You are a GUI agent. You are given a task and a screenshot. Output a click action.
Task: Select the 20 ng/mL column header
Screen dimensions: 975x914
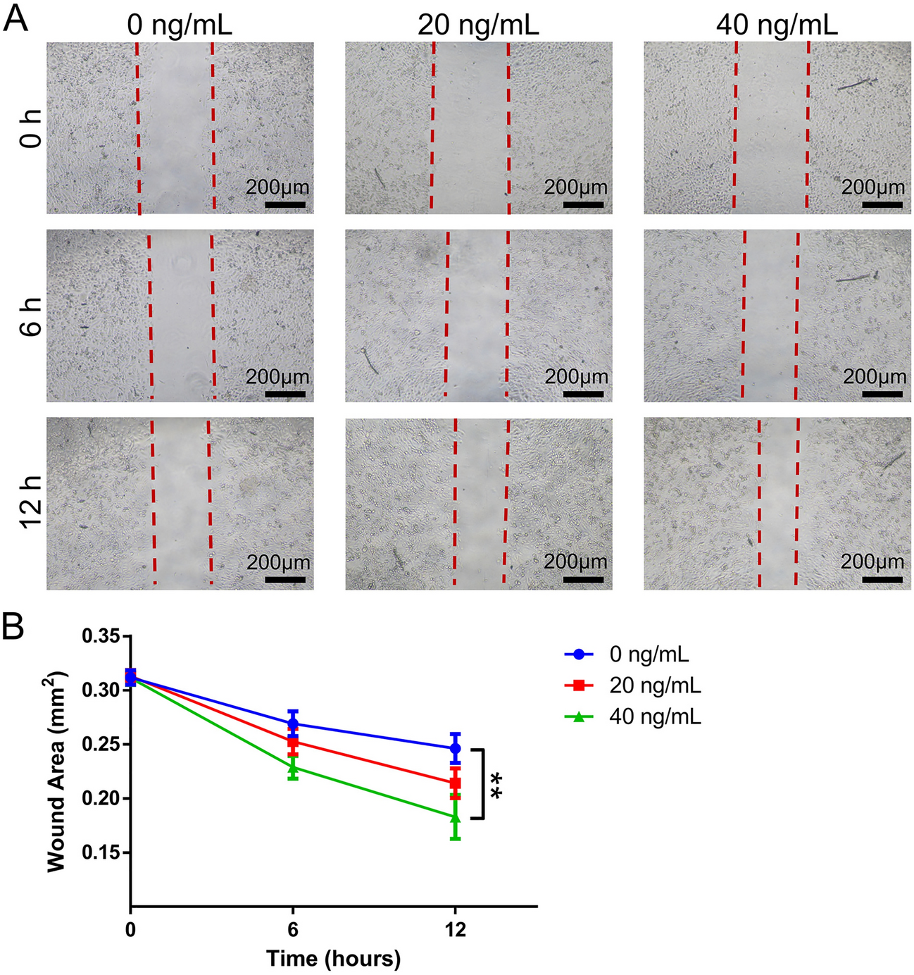coord(477,25)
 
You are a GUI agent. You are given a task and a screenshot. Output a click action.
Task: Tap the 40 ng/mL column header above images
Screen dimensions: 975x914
coord(777,25)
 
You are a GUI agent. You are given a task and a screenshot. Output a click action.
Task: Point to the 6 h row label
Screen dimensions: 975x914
coord(31,316)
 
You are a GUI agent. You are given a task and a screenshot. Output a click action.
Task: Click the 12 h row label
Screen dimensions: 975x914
coord(31,502)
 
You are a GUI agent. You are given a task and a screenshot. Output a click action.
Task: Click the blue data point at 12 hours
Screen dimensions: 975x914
coord(456,748)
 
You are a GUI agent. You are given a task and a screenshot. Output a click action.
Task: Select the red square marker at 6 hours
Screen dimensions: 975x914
coord(293,742)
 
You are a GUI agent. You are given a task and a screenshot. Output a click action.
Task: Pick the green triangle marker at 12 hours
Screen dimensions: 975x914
coord(456,817)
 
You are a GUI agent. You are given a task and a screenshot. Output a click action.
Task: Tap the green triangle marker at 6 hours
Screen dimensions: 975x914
coord(293,767)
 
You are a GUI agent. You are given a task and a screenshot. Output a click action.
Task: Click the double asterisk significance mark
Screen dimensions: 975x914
coord(497,784)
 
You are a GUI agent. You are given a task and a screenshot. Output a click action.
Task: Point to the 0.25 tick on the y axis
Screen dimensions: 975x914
coord(101,745)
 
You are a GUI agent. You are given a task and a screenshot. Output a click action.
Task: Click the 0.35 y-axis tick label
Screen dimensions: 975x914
coord(101,637)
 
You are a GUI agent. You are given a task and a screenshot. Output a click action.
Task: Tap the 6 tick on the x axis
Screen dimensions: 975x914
coord(293,930)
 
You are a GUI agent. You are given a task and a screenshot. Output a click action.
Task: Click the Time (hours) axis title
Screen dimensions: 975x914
coord(333,958)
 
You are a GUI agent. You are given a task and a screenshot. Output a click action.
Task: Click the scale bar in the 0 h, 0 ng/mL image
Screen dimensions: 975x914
coord(286,205)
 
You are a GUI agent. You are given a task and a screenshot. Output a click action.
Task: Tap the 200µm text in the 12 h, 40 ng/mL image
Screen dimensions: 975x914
coord(872,561)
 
